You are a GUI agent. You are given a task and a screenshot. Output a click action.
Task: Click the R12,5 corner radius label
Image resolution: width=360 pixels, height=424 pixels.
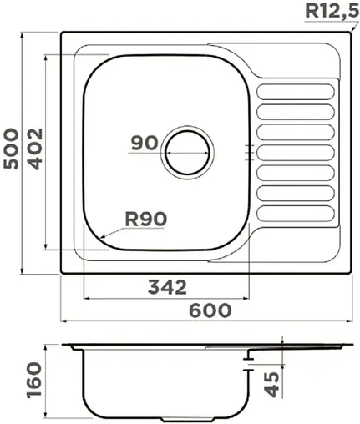[331, 11]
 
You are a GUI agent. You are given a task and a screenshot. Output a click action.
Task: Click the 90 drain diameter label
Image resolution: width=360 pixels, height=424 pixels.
[145, 143]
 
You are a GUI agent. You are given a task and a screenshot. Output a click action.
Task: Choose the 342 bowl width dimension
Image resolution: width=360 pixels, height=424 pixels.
[165, 288]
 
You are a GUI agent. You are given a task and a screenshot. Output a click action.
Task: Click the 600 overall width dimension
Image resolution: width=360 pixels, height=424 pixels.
[209, 310]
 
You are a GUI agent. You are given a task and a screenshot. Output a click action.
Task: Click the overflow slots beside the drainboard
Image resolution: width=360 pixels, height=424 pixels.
[248, 150]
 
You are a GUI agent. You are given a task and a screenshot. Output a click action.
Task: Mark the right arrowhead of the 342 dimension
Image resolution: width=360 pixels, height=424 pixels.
[248, 299]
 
